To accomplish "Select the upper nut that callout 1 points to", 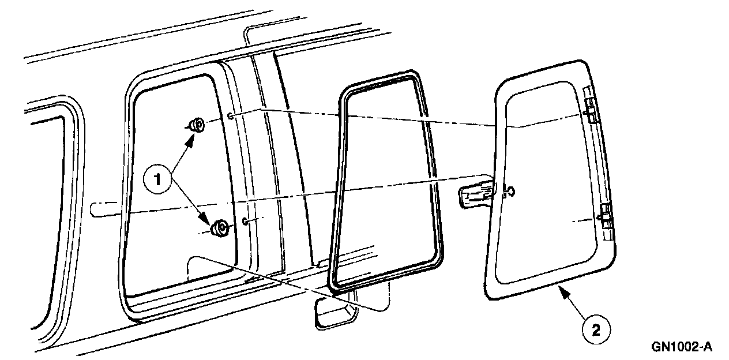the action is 196,124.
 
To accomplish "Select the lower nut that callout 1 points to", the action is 220,228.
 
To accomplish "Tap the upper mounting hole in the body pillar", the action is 231,117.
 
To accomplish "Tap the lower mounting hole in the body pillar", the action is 245,221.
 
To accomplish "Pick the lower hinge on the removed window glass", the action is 605,216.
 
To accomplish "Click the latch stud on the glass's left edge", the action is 509,193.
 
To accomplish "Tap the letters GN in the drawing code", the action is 660,347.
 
